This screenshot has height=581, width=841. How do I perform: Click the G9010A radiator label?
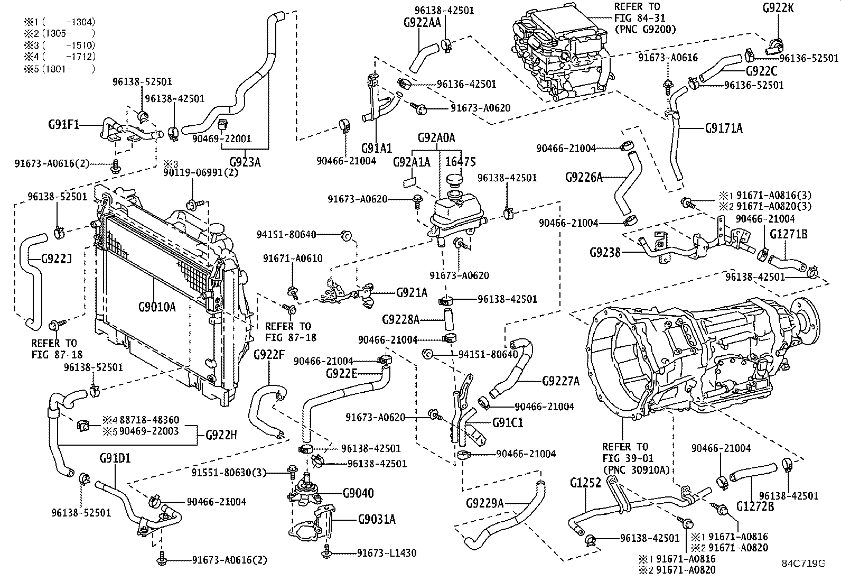tap(156, 306)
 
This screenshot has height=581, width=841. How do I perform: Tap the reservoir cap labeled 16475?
tap(454, 182)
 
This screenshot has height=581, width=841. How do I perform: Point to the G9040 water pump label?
tap(358, 493)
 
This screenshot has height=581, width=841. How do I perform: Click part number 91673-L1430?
tap(386, 553)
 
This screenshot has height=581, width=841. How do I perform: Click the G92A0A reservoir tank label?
tap(436, 139)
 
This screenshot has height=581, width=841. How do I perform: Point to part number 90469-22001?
tap(221, 139)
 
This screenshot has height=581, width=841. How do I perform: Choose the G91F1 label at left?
tap(63, 125)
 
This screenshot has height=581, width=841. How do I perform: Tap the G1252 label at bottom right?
tap(585, 483)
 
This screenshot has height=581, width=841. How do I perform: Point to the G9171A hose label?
tap(724, 127)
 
